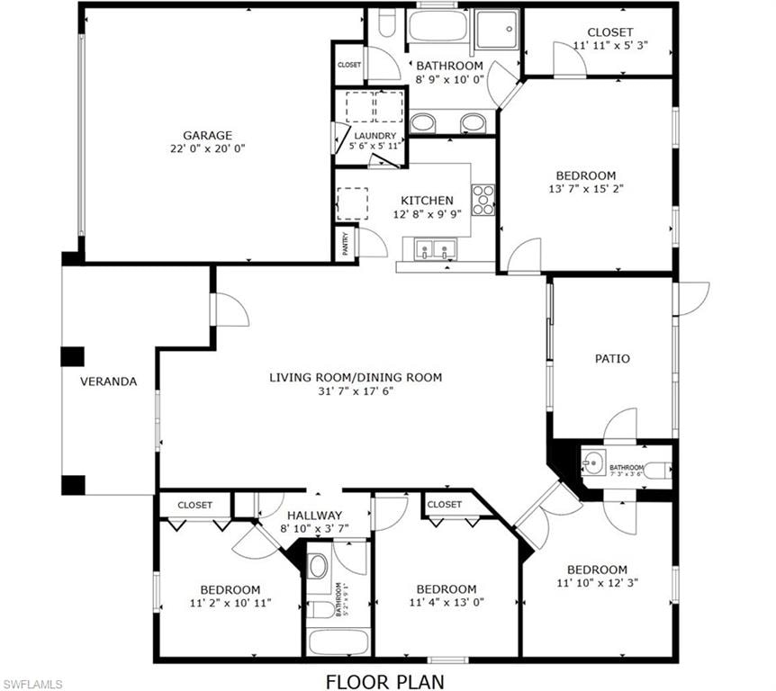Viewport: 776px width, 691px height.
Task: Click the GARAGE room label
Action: [x=207, y=135]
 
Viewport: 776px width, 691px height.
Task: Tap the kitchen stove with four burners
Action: [x=483, y=200]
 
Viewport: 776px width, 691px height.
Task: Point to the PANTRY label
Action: [x=346, y=243]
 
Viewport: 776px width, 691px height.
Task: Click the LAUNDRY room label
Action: [x=375, y=136]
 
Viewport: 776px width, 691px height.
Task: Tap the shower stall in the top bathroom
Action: [x=497, y=29]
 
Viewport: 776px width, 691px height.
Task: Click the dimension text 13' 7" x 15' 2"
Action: [x=586, y=188]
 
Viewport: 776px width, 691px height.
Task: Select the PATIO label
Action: [x=612, y=359]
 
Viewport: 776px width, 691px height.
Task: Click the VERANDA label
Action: [x=108, y=381]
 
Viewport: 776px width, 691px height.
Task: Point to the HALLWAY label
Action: [x=315, y=515]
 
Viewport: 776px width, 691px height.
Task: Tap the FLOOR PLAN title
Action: [x=385, y=682]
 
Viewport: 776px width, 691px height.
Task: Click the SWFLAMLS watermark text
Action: [x=32, y=685]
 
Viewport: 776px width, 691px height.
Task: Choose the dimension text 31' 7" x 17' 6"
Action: [x=356, y=391]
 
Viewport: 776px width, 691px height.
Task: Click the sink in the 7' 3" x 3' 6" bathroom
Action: [x=593, y=463]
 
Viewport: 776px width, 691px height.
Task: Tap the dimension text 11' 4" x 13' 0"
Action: [x=447, y=603]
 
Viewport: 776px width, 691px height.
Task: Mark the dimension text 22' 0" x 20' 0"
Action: [x=207, y=148]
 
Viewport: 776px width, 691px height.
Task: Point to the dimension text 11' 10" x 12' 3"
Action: [x=598, y=583]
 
